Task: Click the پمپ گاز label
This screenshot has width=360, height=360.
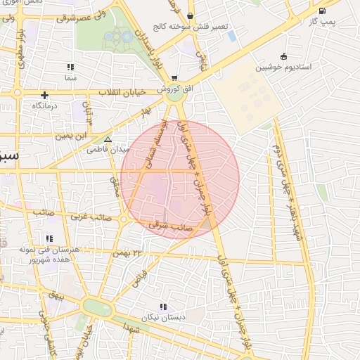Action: (x=323, y=21)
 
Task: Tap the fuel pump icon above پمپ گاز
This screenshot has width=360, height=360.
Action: (x=322, y=11)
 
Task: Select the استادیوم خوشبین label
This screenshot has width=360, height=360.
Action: (x=284, y=67)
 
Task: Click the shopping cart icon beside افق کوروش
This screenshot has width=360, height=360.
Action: (x=174, y=78)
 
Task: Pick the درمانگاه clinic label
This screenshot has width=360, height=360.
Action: (x=49, y=105)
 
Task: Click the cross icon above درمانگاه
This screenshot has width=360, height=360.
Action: (x=45, y=94)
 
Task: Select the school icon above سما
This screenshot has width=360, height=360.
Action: (x=70, y=67)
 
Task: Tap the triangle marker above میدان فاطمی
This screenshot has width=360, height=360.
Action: (x=107, y=139)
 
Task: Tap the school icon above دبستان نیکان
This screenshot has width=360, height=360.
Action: (x=164, y=307)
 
